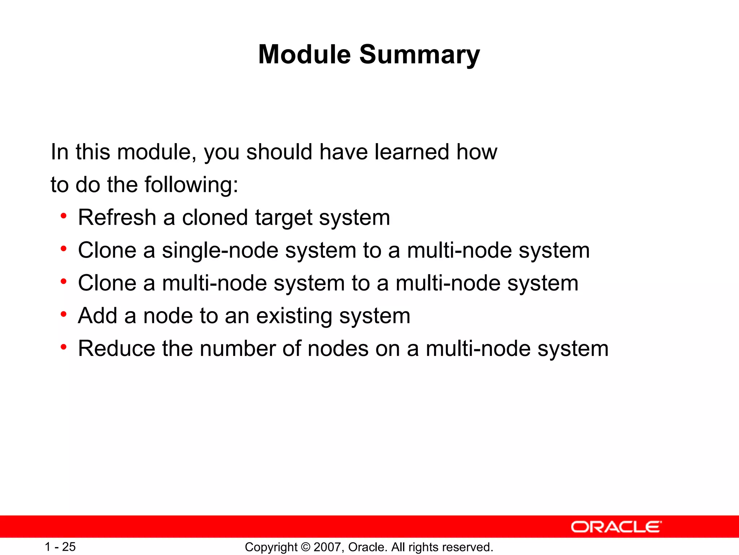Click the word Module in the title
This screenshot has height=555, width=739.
pos(304,54)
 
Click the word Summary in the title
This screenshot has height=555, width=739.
pos(419,55)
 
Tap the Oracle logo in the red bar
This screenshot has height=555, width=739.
pos(616,527)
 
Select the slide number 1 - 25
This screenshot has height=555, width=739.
pos(60,547)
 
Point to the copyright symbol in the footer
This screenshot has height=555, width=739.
pos(305,547)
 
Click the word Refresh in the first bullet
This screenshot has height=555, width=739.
pos(117,218)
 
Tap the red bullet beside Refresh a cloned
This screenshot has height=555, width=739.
pos(64,216)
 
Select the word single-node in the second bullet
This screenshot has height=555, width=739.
pos(220,250)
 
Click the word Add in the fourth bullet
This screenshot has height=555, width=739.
pos(97,316)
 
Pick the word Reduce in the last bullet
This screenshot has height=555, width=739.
pos(117,349)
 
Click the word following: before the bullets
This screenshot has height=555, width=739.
pos(191,185)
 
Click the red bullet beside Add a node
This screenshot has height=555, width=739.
pos(64,314)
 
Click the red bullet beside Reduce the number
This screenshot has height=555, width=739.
pos(64,347)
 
